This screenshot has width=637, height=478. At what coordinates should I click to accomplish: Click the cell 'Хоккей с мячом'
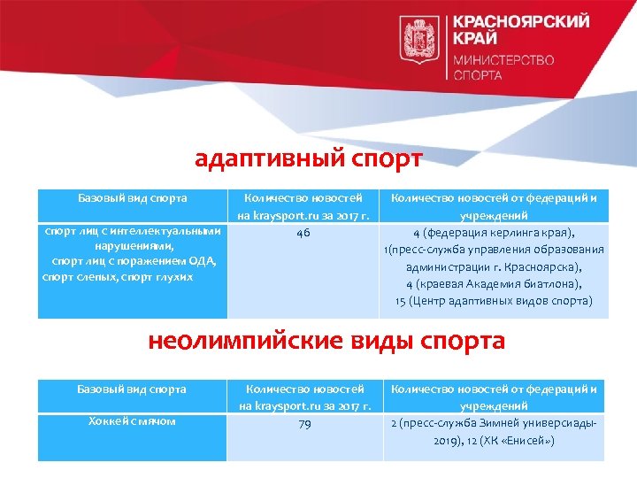point(132,420)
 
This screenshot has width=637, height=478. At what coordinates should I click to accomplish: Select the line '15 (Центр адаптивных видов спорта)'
point(494,301)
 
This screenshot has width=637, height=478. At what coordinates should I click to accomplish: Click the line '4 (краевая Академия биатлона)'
point(494,284)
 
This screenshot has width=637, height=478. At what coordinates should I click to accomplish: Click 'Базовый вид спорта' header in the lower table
point(132,389)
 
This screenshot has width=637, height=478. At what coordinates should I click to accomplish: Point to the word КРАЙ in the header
point(475,39)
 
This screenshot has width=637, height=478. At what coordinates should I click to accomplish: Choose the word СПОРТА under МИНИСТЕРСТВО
point(478,76)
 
